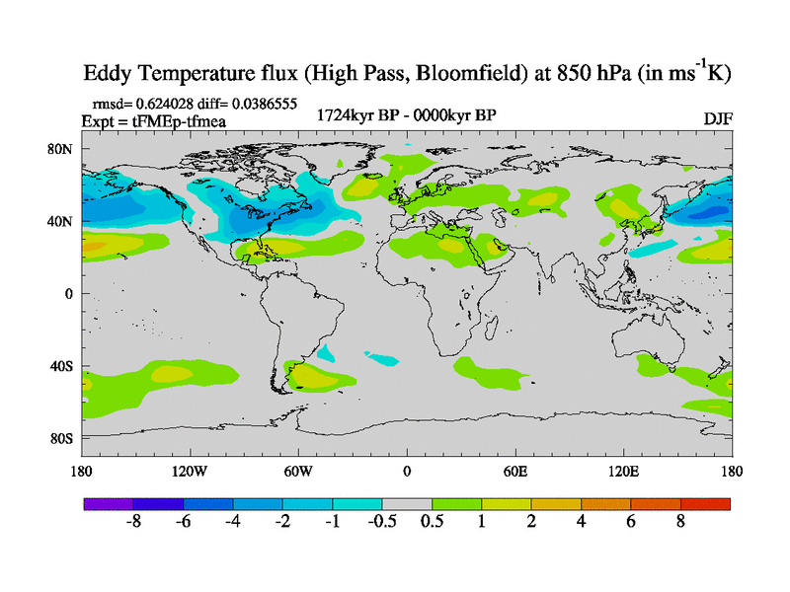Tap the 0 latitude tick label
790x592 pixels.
70,293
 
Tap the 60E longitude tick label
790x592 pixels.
515,471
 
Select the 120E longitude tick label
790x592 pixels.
624,471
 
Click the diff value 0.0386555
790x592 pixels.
262,103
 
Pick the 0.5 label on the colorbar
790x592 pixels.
432,522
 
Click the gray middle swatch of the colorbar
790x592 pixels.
407,503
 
